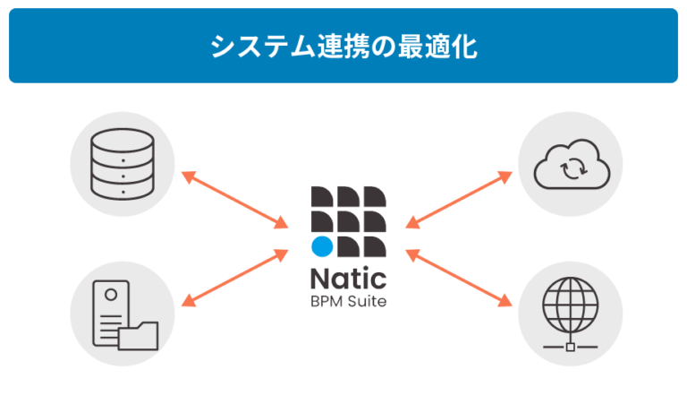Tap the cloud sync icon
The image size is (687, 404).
click(571, 163)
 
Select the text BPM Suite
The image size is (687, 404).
click(349, 301)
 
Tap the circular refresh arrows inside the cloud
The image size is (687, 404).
click(571, 167)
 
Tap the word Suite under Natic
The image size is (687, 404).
click(366, 301)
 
